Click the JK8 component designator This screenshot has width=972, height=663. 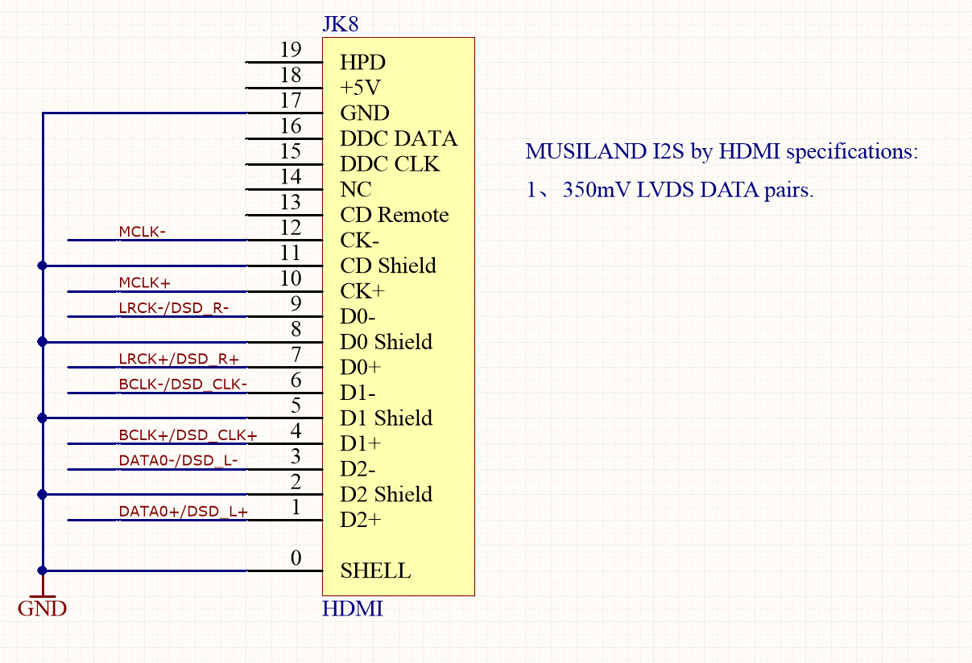point(340,24)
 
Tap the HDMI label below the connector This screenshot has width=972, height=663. point(352,609)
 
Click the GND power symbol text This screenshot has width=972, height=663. point(42,609)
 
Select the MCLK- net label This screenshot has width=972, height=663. point(143,232)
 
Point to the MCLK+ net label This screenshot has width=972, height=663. point(145,282)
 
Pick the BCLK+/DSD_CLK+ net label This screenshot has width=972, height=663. point(188,435)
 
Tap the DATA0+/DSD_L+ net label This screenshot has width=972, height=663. point(183,511)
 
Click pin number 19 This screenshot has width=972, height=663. point(291,51)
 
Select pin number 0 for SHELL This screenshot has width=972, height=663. point(296,558)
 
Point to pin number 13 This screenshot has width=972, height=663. point(291,203)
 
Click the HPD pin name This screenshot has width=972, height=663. point(362,63)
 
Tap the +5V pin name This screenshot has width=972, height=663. point(361,88)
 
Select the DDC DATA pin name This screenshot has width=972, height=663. point(399,139)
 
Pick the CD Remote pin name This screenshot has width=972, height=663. point(394,215)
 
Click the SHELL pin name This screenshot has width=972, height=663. point(375,571)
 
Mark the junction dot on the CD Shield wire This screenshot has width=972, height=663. point(43,266)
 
